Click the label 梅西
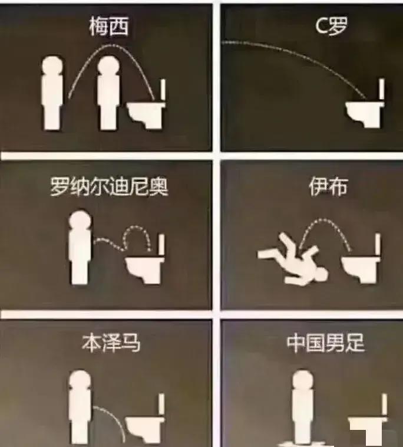[x=108, y=26]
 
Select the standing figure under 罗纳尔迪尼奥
[x=80, y=248]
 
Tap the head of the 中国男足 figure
[x=302, y=380]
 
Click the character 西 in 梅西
[x=118, y=26]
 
